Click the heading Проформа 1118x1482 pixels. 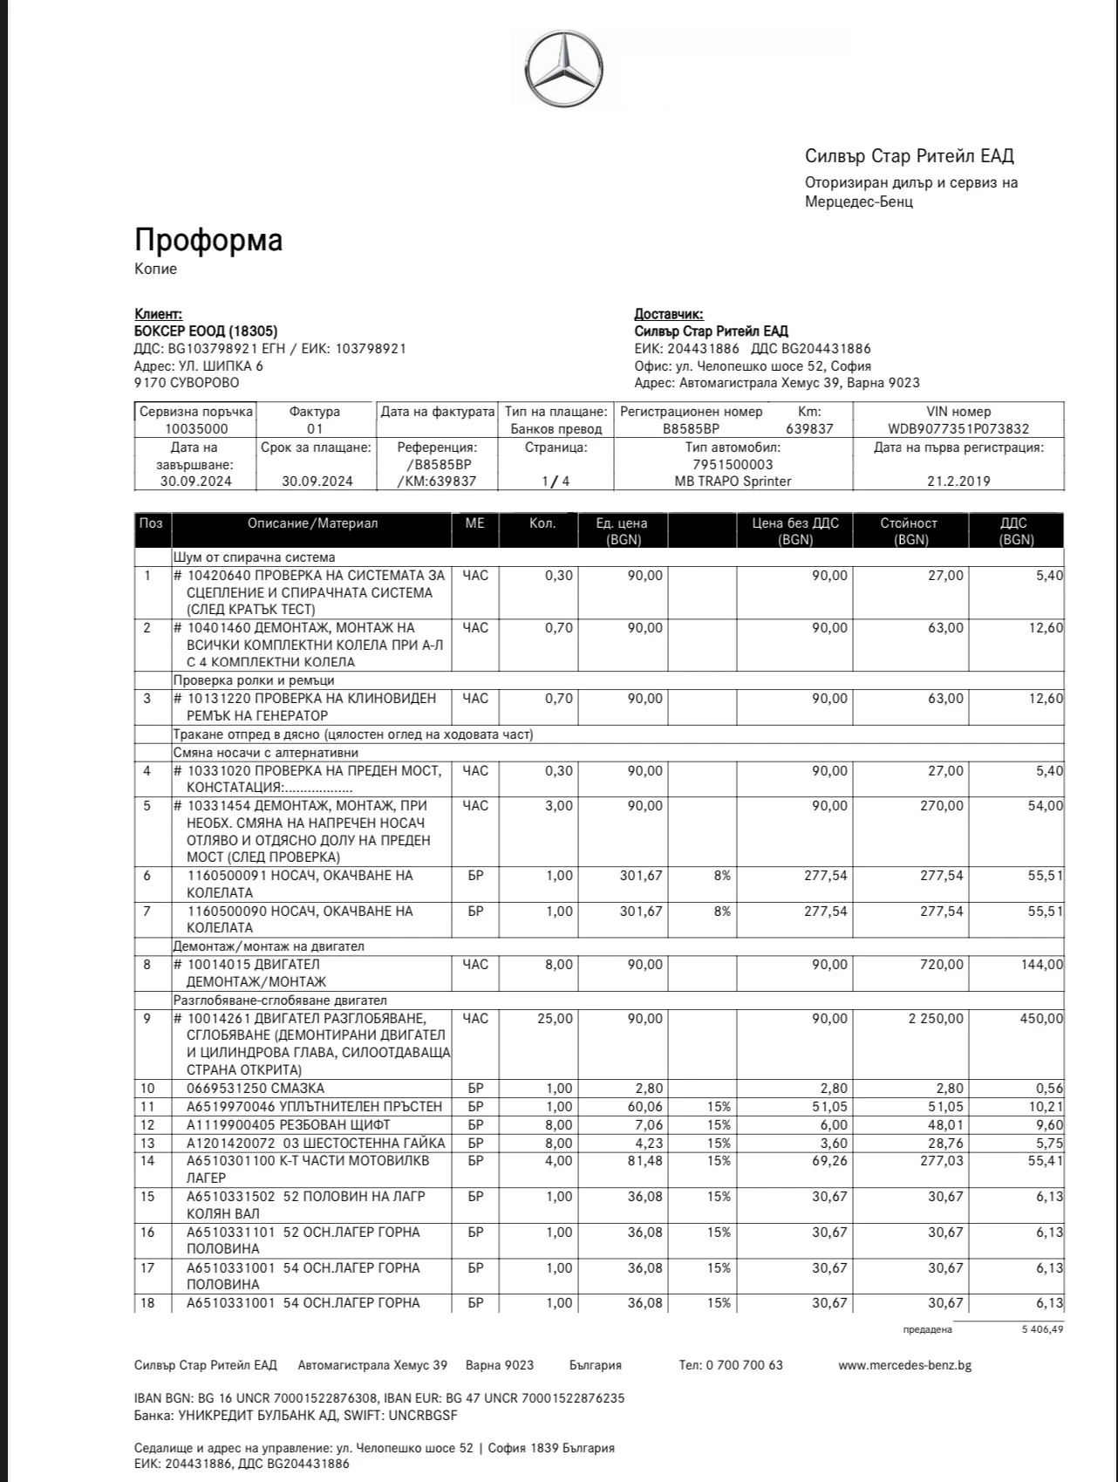coord(208,240)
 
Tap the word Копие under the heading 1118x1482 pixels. coord(155,269)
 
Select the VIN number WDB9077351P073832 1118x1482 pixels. coord(958,428)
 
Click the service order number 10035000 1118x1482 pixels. coord(196,428)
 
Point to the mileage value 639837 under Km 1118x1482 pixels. coord(809,428)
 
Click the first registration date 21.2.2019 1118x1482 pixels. coord(958,481)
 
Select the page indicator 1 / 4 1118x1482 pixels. coord(556,481)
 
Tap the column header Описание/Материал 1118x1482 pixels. coord(312,523)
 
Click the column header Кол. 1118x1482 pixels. coord(542,523)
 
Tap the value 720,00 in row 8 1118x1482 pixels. coord(942,964)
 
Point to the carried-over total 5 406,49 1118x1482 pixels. coord(1042,1329)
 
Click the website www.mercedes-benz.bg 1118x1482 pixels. coord(904,1365)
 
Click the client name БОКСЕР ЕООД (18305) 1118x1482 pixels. coord(206,331)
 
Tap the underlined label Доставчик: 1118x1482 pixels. coord(669,314)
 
